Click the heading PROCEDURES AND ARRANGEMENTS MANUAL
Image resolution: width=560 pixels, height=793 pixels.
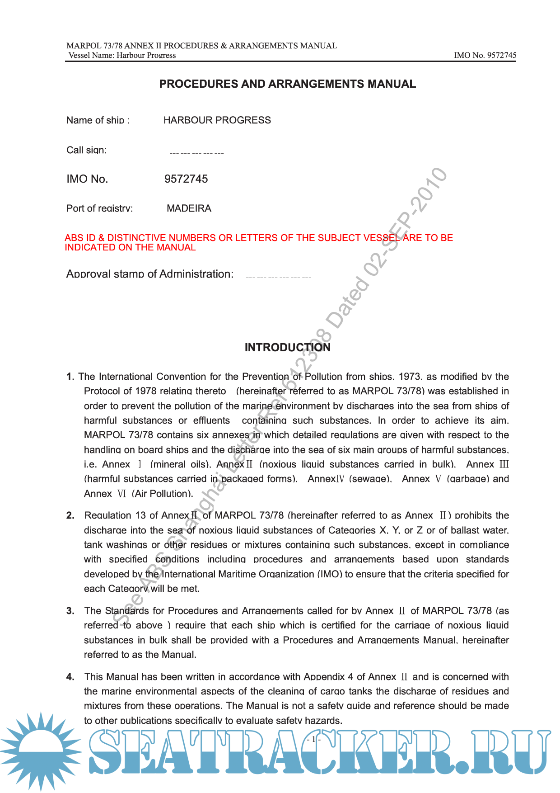(287, 84)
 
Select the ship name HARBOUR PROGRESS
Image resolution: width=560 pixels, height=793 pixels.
(217, 120)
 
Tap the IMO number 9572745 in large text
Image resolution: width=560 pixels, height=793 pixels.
(186, 179)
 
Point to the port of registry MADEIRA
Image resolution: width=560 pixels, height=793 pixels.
(189, 208)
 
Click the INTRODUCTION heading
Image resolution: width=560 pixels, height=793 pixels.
(287, 347)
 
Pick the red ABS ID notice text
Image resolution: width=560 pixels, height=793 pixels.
(258, 242)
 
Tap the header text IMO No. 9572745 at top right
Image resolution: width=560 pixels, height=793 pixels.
(485, 56)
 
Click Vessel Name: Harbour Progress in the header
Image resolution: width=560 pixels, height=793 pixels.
(122, 56)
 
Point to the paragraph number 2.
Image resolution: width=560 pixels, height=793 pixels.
(70, 516)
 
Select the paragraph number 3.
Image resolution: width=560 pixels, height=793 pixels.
(70, 611)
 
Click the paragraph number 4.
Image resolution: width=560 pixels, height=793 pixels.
(70, 677)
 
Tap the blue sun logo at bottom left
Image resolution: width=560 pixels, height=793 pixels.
(41, 751)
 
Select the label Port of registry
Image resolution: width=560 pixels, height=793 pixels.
(99, 208)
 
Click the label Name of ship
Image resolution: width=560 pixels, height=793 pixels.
(98, 120)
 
